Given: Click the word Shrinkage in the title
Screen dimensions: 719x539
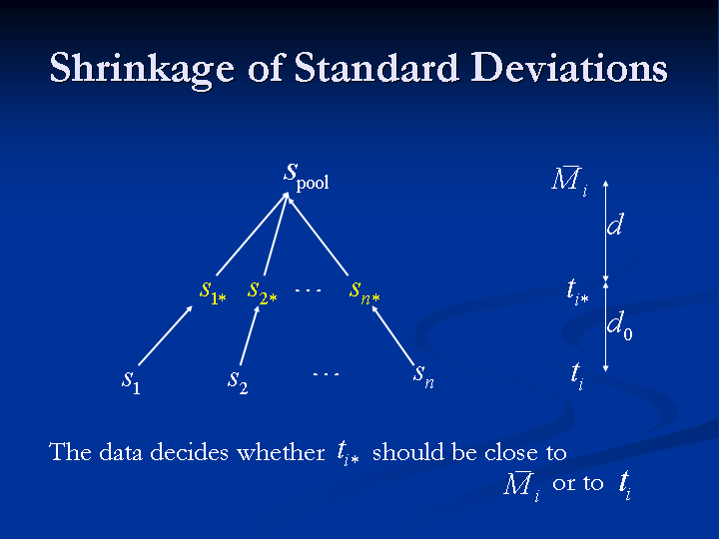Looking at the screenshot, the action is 142,69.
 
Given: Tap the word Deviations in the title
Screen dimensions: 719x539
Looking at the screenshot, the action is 569,68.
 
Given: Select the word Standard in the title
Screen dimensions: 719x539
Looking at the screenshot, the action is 376,68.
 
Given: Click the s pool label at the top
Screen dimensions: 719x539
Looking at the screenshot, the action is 307,177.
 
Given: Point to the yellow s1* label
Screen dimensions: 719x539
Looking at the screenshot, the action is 213,292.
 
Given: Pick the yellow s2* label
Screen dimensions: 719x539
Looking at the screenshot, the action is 263,292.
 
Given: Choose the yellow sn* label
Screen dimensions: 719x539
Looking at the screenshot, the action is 364,292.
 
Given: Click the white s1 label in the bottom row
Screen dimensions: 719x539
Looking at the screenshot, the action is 131,381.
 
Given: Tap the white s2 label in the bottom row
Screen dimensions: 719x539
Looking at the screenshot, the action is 238,381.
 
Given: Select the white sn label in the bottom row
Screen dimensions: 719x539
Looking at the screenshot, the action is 423,376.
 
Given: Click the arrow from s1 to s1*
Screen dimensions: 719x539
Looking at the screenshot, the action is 166,335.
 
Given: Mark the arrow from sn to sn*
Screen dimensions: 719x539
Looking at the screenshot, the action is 392,335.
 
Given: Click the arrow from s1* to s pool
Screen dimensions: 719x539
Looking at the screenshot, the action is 253,234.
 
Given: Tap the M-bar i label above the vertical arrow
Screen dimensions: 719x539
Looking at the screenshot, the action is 569,180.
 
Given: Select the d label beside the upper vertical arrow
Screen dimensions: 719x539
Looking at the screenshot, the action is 615,225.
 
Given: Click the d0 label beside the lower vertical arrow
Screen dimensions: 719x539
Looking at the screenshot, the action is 620,325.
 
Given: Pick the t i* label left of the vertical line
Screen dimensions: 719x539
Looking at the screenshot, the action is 578,291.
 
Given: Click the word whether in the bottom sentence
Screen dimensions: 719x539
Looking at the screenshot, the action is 281,452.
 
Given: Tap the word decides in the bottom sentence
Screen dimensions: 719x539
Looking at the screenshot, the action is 189,452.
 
